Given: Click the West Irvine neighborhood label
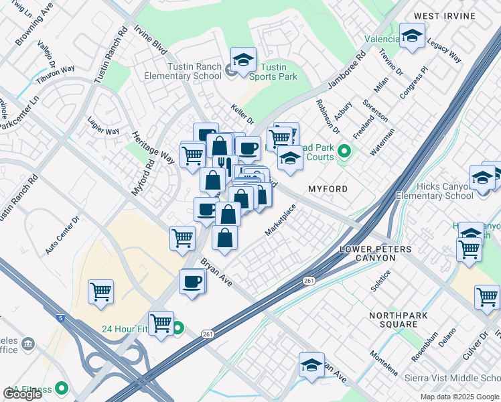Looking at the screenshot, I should (453, 15).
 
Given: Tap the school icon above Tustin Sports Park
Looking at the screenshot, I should (243, 58).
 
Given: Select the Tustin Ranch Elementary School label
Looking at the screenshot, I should (183, 72).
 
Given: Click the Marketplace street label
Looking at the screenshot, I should (280, 220).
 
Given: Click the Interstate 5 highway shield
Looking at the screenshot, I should (61, 319).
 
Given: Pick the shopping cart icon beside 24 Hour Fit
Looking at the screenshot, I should (161, 323).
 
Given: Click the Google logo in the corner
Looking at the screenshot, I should (22, 394).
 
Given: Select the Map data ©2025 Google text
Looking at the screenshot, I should (459, 397).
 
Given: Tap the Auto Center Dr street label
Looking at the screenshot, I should (62, 234).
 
